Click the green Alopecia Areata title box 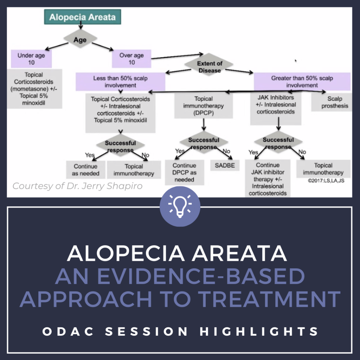click(82, 17)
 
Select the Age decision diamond click(80, 40)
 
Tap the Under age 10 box click(31, 59)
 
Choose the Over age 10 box click(131, 59)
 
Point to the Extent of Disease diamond click(210, 66)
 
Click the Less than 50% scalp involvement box click(120, 82)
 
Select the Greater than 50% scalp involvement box click(302, 82)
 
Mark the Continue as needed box click(85, 169)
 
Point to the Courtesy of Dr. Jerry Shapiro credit click(77, 186)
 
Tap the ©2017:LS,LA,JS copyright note click(326, 180)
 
